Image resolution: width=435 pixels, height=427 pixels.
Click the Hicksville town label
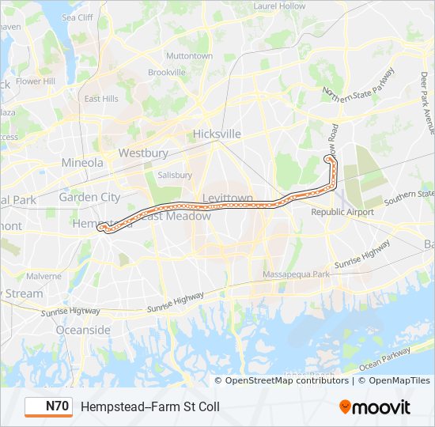pos(217,134)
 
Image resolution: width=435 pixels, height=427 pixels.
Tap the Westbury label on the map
pos(143,153)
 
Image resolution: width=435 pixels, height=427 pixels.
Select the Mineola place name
pos(82,163)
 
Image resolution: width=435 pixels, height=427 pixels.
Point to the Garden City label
pos(89,197)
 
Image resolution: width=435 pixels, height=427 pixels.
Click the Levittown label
pos(228,198)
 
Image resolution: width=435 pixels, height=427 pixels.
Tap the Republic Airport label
pos(342,212)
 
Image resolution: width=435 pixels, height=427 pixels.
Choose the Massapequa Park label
pos(300,274)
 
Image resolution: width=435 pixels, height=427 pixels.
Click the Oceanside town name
pos(83,329)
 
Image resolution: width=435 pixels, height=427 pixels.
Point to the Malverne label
pos(43,276)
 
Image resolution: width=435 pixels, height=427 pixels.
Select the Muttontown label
pos(190,56)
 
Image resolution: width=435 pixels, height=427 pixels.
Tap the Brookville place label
pos(166,72)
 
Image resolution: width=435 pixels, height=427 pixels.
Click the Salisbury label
pos(175,175)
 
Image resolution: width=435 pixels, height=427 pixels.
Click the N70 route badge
pos(47,406)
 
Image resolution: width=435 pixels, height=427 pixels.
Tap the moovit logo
pos(375,407)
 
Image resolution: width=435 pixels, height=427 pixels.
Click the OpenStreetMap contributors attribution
pos(286,380)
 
